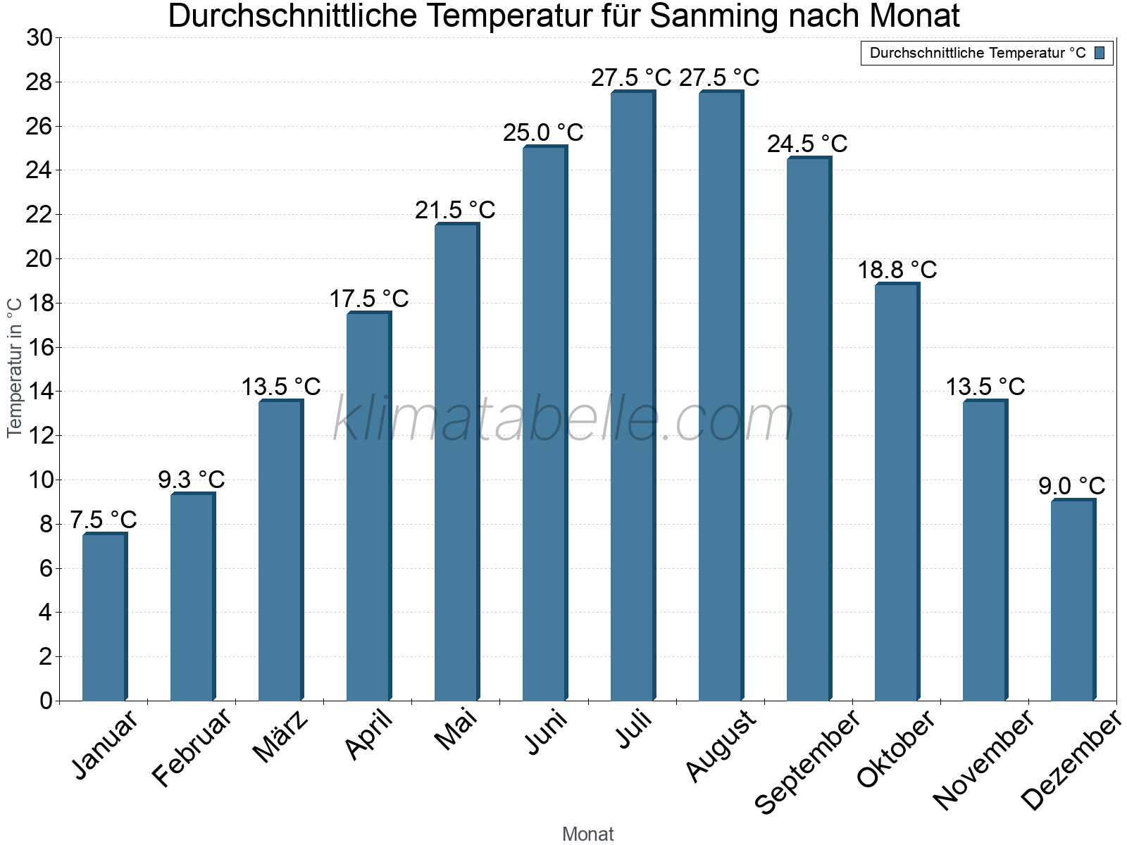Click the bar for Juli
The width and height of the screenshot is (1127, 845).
pyautogui.click(x=633, y=396)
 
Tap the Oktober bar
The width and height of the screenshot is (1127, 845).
pyautogui.click(x=897, y=492)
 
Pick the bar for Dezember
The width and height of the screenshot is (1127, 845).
pyautogui.click(x=1073, y=600)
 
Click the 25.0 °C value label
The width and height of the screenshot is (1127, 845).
pyautogui.click(x=543, y=132)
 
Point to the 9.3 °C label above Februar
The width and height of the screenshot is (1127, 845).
pyautogui.click(x=192, y=480)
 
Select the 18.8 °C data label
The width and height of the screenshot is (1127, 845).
pyautogui.click(x=897, y=270)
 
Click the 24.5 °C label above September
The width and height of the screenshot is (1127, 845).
pyautogui.click(x=807, y=144)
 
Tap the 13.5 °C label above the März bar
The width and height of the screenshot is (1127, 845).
pyautogui.click(x=281, y=387)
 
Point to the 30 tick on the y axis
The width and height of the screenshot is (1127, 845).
pyautogui.click(x=39, y=38)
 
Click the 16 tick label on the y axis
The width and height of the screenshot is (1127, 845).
pyautogui.click(x=39, y=347)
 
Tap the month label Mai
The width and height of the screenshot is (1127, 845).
pyautogui.click(x=456, y=730)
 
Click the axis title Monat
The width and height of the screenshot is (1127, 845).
pyautogui.click(x=588, y=834)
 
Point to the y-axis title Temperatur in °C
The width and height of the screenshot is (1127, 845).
pyautogui.click(x=15, y=368)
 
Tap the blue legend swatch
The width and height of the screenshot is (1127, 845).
pyautogui.click(x=1100, y=53)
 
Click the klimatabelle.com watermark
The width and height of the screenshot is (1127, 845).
pyautogui.click(x=563, y=420)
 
